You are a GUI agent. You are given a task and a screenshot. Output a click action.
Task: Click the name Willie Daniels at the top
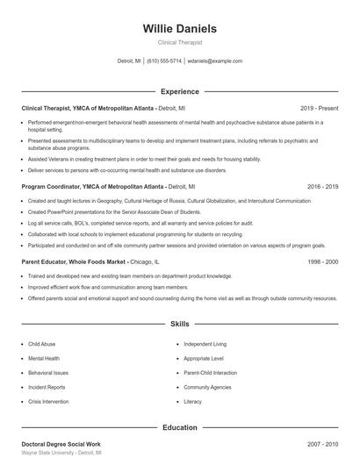pos(179,28)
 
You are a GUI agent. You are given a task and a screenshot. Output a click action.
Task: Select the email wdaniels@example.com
pos(215,61)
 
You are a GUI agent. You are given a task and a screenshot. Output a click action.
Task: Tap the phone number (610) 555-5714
pos(164,61)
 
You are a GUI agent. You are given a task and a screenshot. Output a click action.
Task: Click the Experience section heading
pos(179,91)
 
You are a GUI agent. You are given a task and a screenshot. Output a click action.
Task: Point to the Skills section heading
pos(179,324)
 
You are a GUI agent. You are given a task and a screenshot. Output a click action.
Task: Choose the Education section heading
pos(179,427)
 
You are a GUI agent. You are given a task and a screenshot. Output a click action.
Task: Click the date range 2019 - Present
pos(319,108)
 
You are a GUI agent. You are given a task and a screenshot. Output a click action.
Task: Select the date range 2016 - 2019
pos(322,187)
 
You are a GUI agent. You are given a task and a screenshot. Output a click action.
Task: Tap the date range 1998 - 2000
pos(322,262)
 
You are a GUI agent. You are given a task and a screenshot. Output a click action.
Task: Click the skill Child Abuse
pos(41,344)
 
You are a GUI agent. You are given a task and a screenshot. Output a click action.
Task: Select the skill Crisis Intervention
pos(48,401)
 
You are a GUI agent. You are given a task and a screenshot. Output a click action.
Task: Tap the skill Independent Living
pos(205,344)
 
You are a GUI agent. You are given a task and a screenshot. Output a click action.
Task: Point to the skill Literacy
pos(192,401)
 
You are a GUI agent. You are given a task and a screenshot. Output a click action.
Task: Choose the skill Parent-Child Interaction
pos(212,372)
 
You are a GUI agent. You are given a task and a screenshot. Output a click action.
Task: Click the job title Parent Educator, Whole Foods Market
pos(75,262)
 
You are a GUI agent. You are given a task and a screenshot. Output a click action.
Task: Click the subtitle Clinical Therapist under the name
pos(179,41)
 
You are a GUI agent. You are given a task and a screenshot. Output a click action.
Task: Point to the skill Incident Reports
pos(46,387)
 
